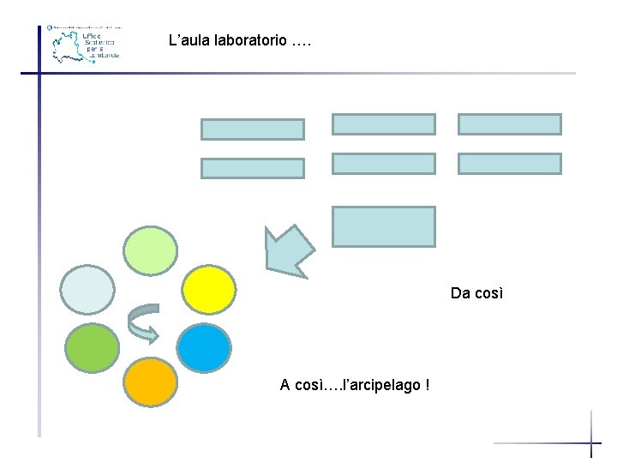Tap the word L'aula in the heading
point(189,40)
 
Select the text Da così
point(476,293)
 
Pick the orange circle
point(151,381)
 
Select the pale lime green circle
point(151,249)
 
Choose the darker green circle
point(92,346)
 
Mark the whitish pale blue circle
point(89,289)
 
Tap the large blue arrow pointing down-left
point(290,249)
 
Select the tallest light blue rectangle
point(383,226)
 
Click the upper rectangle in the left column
point(252,129)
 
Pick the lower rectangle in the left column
point(252,168)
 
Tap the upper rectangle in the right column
point(509,124)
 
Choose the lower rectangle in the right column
point(509,163)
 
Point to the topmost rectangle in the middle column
point(383,124)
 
